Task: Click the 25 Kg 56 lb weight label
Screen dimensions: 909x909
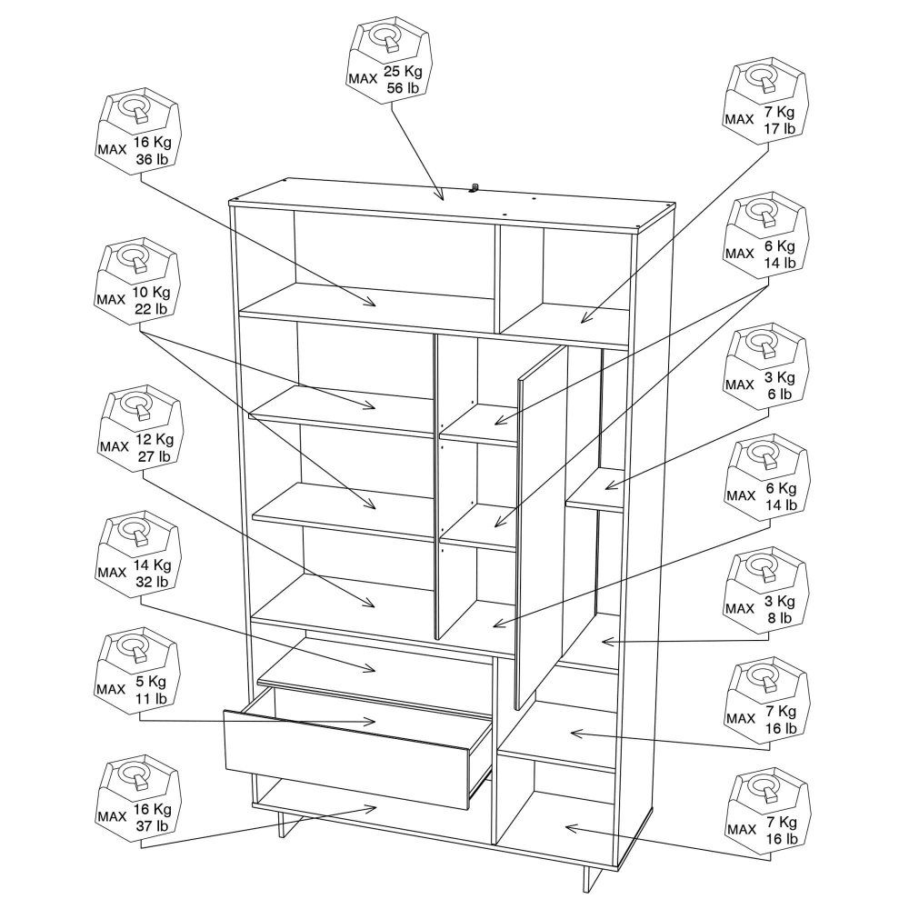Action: click(390, 60)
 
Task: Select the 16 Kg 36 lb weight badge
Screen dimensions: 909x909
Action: click(138, 132)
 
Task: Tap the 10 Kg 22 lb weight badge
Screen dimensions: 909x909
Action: click(138, 281)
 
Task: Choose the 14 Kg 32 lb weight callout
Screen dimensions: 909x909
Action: click(138, 554)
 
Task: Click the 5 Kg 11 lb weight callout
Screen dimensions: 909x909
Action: click(138, 672)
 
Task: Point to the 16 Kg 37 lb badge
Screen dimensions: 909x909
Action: click(138, 799)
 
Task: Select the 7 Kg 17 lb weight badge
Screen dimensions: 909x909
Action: click(766, 102)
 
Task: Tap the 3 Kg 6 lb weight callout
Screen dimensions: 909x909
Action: click(766, 366)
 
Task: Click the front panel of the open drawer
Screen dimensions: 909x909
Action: click(346, 759)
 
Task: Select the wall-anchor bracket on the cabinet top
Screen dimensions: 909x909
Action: click(474, 188)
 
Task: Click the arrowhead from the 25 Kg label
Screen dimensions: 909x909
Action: click(440, 195)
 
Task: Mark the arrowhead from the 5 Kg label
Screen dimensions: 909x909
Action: click(369, 722)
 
